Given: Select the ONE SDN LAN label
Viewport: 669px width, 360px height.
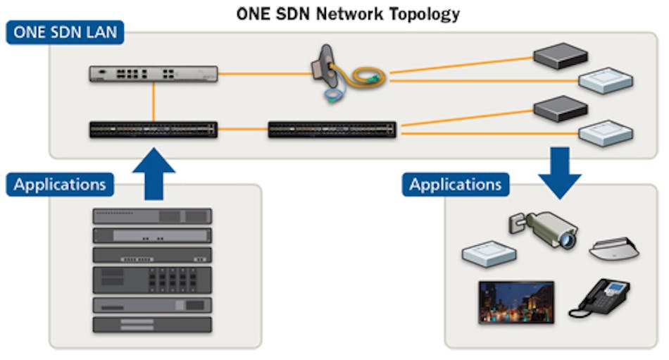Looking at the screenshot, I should coord(65,33).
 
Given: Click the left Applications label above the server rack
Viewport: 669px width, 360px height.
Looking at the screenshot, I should coord(60,185).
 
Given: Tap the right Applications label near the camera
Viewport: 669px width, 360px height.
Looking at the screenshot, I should coord(456,185).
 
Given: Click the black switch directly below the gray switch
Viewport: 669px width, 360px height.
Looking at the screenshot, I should coord(153,130).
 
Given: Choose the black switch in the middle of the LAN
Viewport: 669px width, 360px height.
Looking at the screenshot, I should coord(332,130).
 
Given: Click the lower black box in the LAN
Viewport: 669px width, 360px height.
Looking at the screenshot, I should coord(561,108).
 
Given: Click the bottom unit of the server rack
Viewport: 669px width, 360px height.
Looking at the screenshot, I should coord(152,325).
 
